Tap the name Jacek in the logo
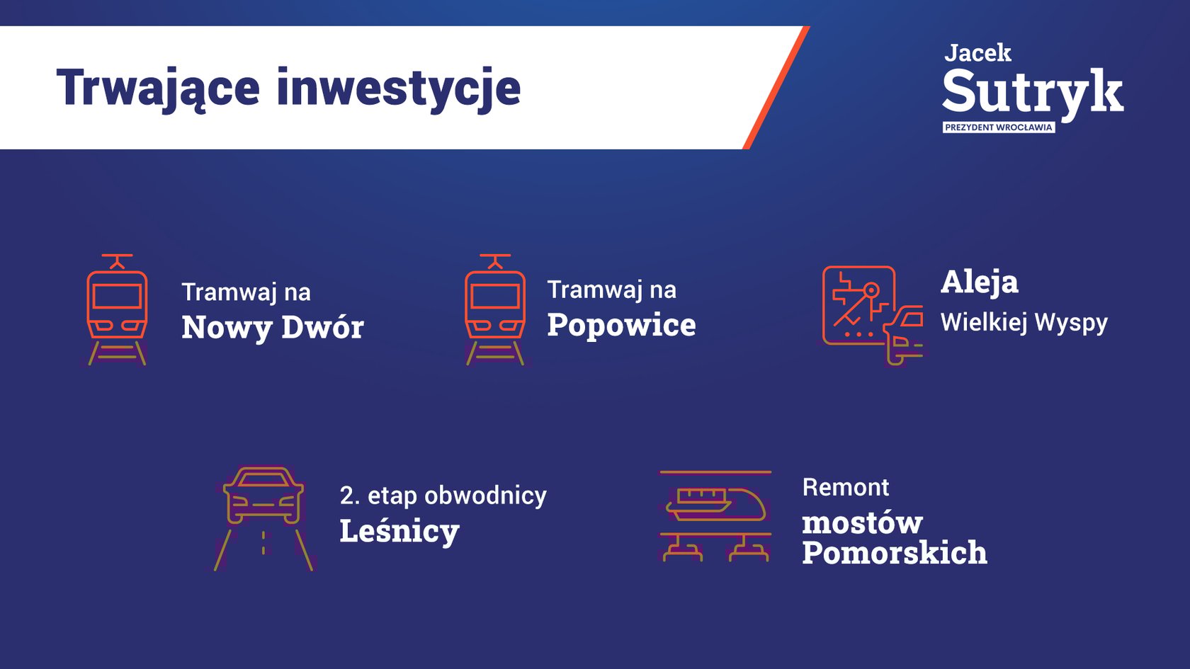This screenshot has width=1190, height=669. [977, 53]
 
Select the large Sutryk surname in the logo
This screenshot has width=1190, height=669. [1033, 92]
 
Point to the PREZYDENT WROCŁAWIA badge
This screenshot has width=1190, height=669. [998, 127]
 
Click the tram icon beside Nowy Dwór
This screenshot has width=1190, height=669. [117, 309]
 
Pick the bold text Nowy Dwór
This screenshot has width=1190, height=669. [273, 327]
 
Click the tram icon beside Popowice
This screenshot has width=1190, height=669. [495, 309]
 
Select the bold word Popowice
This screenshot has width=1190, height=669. [622, 325]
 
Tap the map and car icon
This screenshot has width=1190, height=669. [873, 316]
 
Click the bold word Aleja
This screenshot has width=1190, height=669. [980, 282]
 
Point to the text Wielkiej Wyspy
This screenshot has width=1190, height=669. [1024, 323]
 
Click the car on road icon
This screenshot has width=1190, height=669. [263, 519]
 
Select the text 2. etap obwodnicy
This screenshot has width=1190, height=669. [443, 496]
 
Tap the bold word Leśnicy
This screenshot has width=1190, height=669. [399, 531]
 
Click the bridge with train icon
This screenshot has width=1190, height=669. [715, 516]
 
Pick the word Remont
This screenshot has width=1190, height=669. [845, 487]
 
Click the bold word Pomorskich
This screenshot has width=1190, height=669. [895, 553]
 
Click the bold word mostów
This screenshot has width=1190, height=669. [862, 524]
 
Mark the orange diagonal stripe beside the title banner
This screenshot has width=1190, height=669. [776, 88]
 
